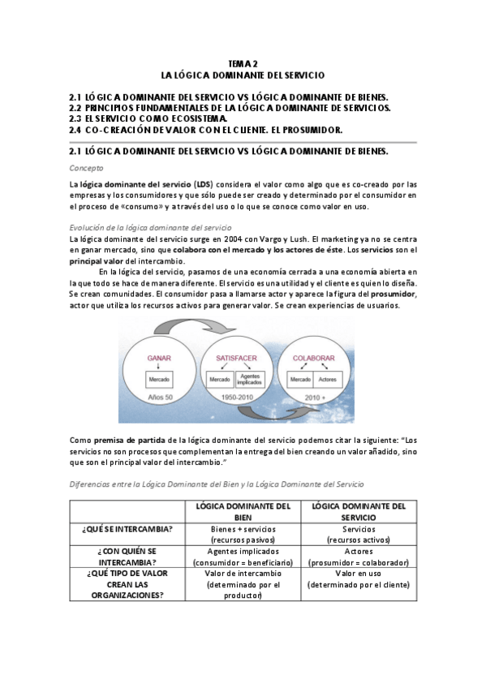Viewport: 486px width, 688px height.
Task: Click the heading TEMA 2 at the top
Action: coord(243,62)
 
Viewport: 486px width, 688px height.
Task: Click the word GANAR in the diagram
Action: coord(159,357)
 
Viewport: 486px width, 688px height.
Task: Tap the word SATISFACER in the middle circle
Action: coord(236,357)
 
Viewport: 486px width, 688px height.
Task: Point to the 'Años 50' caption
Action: coord(158,398)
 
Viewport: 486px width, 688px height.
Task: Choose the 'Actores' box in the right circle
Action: coord(328,380)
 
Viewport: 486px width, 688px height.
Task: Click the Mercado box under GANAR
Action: coord(158,380)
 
